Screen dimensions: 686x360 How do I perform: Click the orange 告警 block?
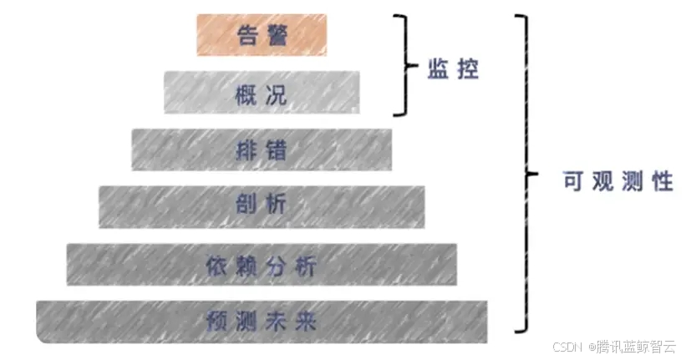click(262, 36)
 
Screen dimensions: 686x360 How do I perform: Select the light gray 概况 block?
click(262, 93)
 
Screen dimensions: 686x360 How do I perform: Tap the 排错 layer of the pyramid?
click(262, 150)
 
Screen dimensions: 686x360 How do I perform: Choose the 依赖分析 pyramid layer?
click(262, 265)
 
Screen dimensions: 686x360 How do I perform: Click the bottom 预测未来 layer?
click(262, 319)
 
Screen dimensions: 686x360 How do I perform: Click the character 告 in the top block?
click(248, 36)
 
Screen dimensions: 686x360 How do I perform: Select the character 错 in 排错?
click(276, 150)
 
